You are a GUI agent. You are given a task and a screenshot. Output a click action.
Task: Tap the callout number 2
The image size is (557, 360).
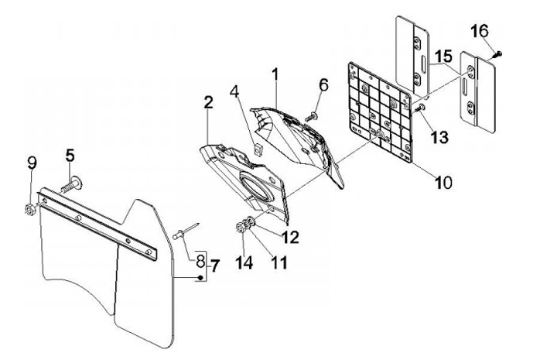coord(208,102)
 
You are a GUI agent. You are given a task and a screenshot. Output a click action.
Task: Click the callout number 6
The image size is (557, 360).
coord(323,84)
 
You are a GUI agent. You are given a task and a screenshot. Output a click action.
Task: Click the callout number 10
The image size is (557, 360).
coord(443,183)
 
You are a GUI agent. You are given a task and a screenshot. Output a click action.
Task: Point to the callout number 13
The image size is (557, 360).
coord(439,137)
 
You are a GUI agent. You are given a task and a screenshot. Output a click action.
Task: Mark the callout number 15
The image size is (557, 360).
coord(443,57)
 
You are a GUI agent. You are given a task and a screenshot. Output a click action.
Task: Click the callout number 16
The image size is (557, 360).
coord(480,31)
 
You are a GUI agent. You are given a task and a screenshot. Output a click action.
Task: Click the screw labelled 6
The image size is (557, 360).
coord(313,115)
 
